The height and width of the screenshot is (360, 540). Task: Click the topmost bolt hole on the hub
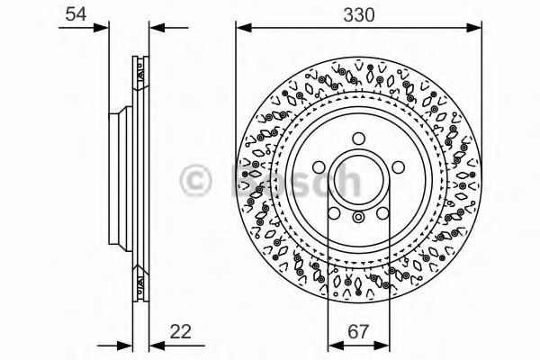358,137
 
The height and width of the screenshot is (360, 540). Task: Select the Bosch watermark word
297,178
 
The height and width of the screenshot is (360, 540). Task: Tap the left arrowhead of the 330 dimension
241,27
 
